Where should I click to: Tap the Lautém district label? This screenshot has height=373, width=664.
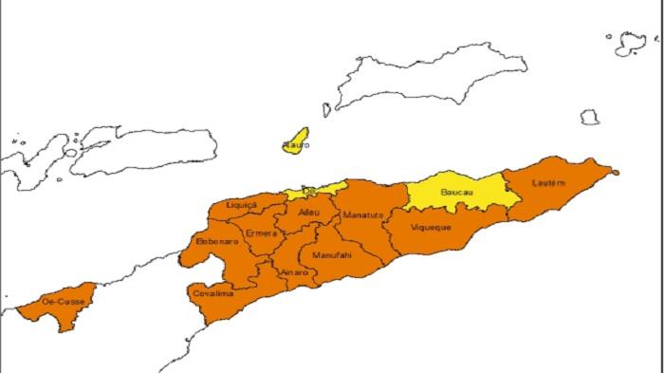(x=549, y=182)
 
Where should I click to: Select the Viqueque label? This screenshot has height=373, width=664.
(x=432, y=228)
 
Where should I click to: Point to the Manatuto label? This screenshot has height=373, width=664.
(x=363, y=215)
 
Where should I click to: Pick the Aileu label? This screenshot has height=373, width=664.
(x=309, y=214)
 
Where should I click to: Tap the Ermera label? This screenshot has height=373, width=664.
(x=260, y=233)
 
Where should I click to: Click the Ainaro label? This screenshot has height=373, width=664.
(x=294, y=272)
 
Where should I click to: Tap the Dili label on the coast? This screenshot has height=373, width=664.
(x=305, y=189)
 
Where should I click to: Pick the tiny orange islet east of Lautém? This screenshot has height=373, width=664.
(x=615, y=172)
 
